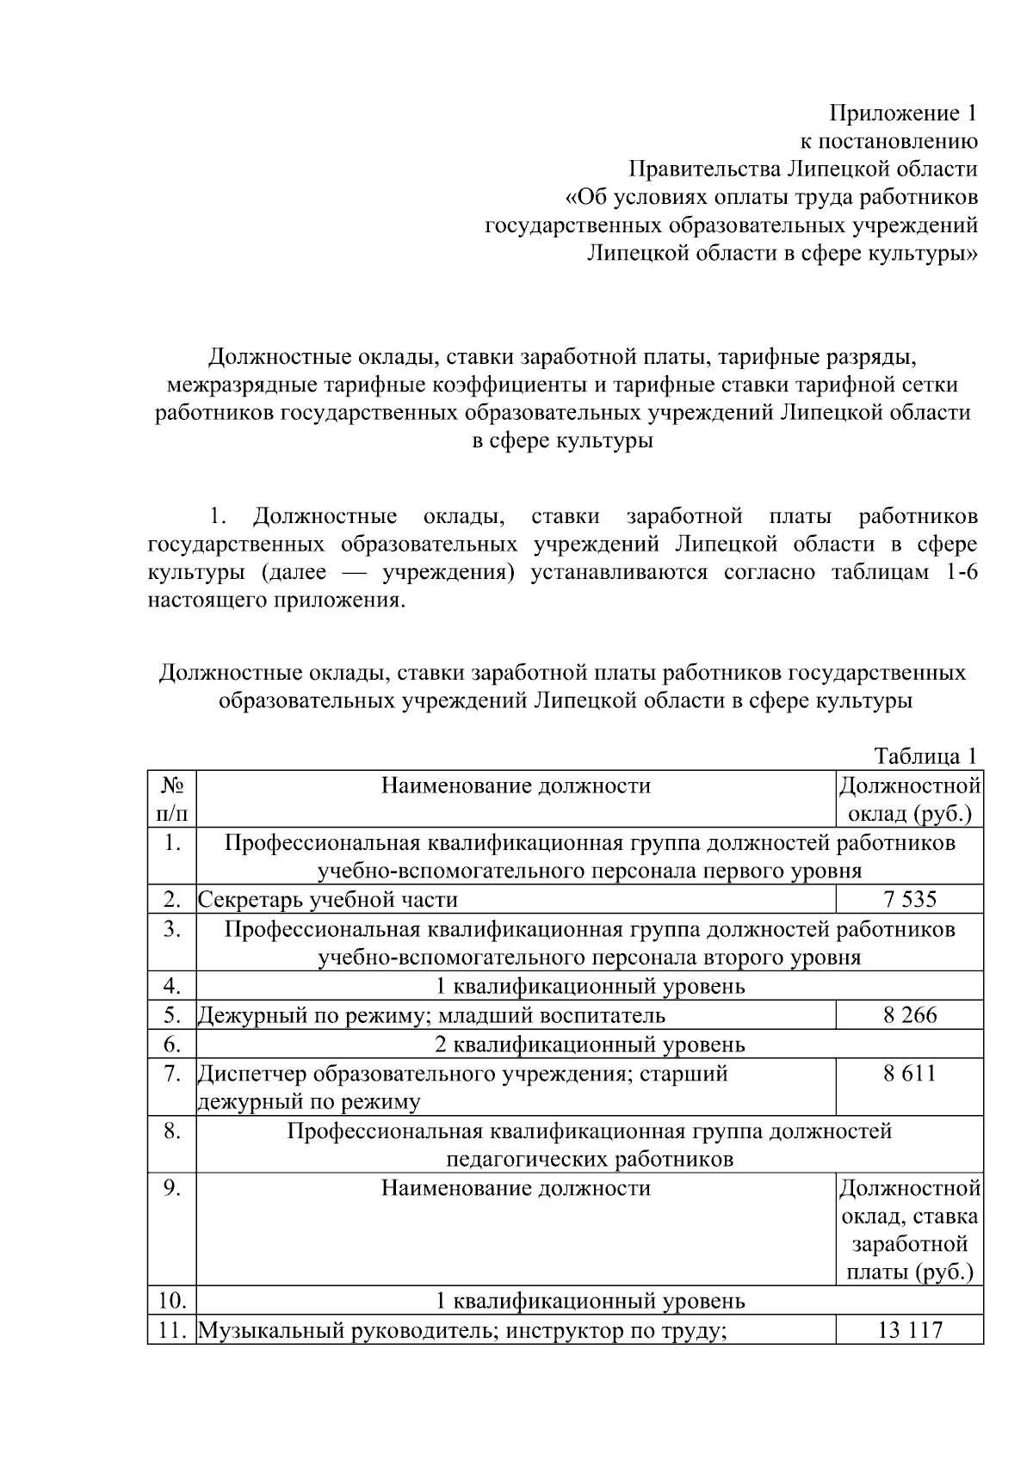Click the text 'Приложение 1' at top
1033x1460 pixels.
coord(903,113)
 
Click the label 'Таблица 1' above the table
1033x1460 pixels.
coord(925,756)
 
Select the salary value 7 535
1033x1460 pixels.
coord(909,900)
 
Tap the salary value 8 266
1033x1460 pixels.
coord(909,1015)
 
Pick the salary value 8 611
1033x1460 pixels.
coord(909,1073)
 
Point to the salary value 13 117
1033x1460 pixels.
coord(909,1331)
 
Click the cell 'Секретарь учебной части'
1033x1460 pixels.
coord(328,900)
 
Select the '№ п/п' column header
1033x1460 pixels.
coord(171,798)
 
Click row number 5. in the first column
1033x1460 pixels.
coord(171,1015)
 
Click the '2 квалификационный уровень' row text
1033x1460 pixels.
coord(590,1044)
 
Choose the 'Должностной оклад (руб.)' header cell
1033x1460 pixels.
coord(909,798)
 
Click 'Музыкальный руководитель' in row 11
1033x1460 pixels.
coord(347,1331)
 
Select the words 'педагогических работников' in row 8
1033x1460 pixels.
coord(590,1159)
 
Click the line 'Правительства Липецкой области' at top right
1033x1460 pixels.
coord(802,169)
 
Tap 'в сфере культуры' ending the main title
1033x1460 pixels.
coord(563,441)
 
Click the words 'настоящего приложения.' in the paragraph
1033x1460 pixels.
coord(275,600)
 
